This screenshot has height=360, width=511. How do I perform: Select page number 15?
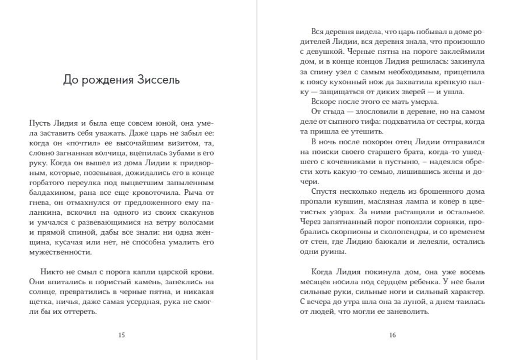coord(122,335)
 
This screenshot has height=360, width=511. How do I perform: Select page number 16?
coord(392,335)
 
